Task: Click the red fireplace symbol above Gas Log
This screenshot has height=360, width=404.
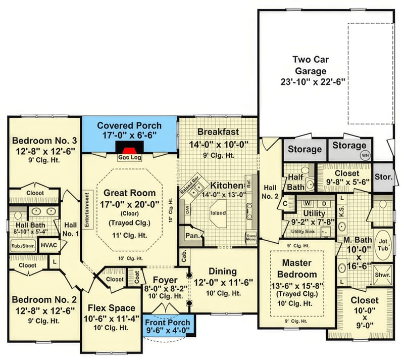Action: coord(129,150)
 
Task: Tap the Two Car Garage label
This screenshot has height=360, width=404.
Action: coord(310,65)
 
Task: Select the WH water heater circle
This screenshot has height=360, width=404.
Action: coord(364,156)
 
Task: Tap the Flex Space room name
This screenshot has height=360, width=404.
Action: coord(111,308)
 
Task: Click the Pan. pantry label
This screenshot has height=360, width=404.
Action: coord(191,236)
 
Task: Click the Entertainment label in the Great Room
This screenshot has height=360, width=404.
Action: coord(87,209)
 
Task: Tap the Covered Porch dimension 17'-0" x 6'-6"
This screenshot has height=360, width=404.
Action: coord(129,136)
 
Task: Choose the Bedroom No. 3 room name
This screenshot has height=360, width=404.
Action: coord(44,140)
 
